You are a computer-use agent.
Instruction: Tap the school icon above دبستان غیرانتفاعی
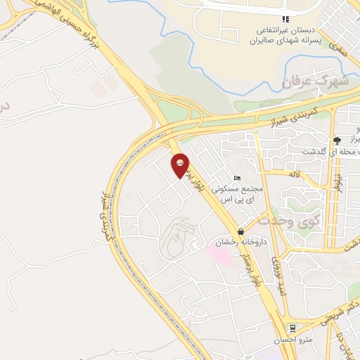tap(285, 20)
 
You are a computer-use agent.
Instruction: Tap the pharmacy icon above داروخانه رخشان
tap(241, 231)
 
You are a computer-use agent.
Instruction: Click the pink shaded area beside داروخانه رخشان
tap(218, 253)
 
